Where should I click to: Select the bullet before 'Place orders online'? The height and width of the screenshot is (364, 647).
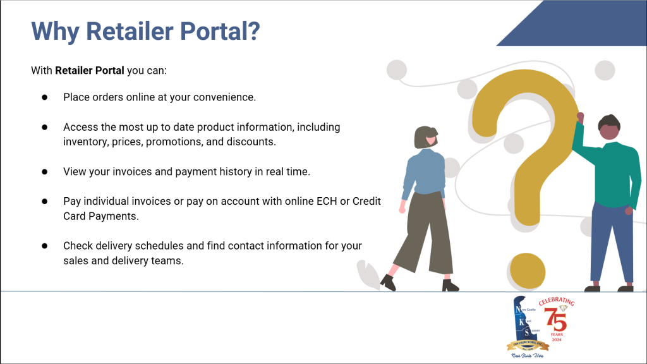tap(45, 97)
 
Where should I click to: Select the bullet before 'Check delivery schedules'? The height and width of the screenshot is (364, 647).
tap(45, 245)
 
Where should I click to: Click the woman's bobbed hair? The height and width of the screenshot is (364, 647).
tap(425, 136)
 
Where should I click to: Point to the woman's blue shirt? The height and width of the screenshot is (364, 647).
tap(424, 174)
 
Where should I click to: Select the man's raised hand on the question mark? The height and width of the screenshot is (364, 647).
tap(580, 118)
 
